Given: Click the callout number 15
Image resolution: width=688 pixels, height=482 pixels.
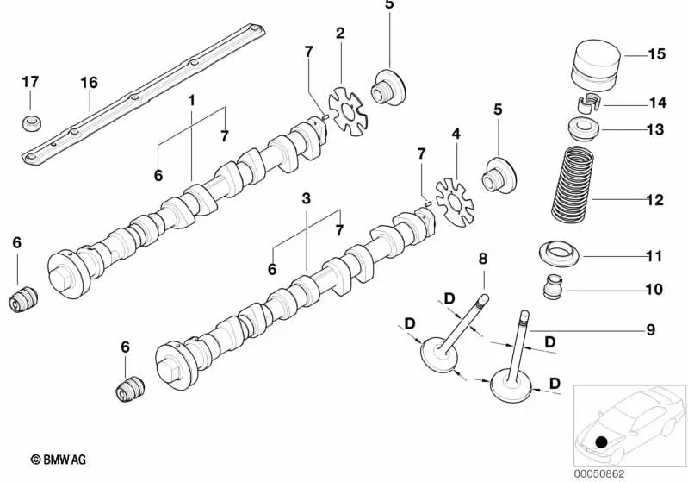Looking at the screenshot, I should pos(656,54).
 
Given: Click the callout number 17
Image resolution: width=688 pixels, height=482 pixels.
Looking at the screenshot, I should pos(31,82).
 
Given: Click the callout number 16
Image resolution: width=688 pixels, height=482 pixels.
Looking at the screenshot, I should pos(90,82).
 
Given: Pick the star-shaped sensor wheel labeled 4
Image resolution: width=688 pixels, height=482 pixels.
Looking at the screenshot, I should pos(455,202).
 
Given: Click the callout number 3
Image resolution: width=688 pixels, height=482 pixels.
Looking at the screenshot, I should pos(306,198).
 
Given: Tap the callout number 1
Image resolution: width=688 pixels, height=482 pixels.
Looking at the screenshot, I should pos(191,100).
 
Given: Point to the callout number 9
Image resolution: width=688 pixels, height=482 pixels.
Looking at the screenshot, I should pos(651,329).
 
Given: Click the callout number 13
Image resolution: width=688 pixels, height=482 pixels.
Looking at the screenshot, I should pos(654,130).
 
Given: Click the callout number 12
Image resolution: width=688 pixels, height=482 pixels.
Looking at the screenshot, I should pos(654,200).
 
